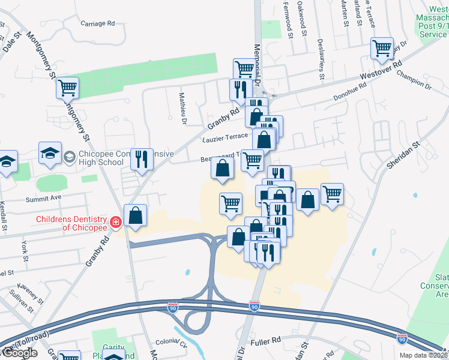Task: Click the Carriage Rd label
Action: tap(97, 23)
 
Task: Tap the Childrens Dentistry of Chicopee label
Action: tap(71, 223)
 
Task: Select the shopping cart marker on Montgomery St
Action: tap(67, 88)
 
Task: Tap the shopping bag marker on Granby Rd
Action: tap(136, 215)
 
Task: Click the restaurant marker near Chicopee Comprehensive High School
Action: tap(142, 159)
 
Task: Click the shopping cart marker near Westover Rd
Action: tap(382, 48)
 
